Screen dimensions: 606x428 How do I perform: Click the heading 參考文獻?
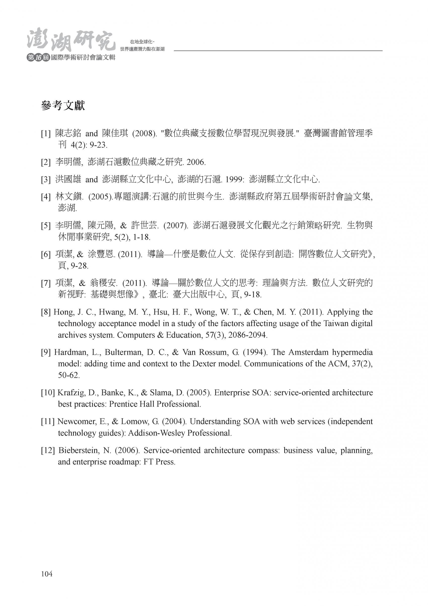coord(63,106)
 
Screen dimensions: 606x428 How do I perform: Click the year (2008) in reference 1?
coord(144,134)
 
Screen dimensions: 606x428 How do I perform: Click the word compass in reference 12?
coord(263,450)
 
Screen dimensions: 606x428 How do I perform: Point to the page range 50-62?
coord(68,375)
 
